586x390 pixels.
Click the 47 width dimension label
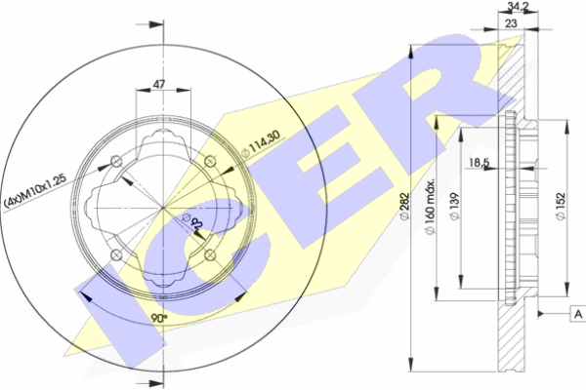pos(159,84)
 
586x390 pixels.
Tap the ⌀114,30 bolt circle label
pos(261,143)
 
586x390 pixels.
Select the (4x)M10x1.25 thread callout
pos(35,190)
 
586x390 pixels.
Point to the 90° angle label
pos(159,319)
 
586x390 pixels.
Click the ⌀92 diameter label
pos(192,221)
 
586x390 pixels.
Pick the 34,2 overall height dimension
pos(518,6)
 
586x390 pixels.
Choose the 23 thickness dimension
pos(511,23)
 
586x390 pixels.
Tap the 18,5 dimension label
pos(480,163)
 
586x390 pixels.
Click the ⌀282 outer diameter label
pos(404,207)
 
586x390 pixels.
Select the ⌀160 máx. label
pos(431,207)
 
